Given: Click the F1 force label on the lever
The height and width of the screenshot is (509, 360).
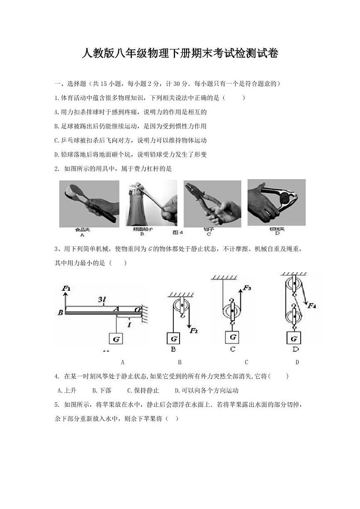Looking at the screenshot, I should coord(67,288).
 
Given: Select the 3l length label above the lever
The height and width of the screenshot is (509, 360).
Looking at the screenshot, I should coord(102,299).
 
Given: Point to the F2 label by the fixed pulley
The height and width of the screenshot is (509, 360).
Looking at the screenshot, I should coord(194,330).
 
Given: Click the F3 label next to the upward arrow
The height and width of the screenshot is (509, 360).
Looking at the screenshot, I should coord(247,288).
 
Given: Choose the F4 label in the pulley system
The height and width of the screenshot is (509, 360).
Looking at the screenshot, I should coord(312,305).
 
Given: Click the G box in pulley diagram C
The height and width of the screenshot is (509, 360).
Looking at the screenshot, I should coord(233,337).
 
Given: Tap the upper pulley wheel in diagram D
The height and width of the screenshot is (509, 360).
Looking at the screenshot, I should coord(294,286).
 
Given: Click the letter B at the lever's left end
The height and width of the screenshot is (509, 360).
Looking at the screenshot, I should coord(60,312).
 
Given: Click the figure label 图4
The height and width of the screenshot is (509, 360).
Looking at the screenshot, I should coord(178,233).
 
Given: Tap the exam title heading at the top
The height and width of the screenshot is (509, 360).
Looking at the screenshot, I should coord(180,54).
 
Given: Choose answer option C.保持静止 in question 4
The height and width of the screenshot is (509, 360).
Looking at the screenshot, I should coord(143,390).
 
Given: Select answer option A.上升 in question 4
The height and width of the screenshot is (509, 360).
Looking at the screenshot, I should coord(67,390).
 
